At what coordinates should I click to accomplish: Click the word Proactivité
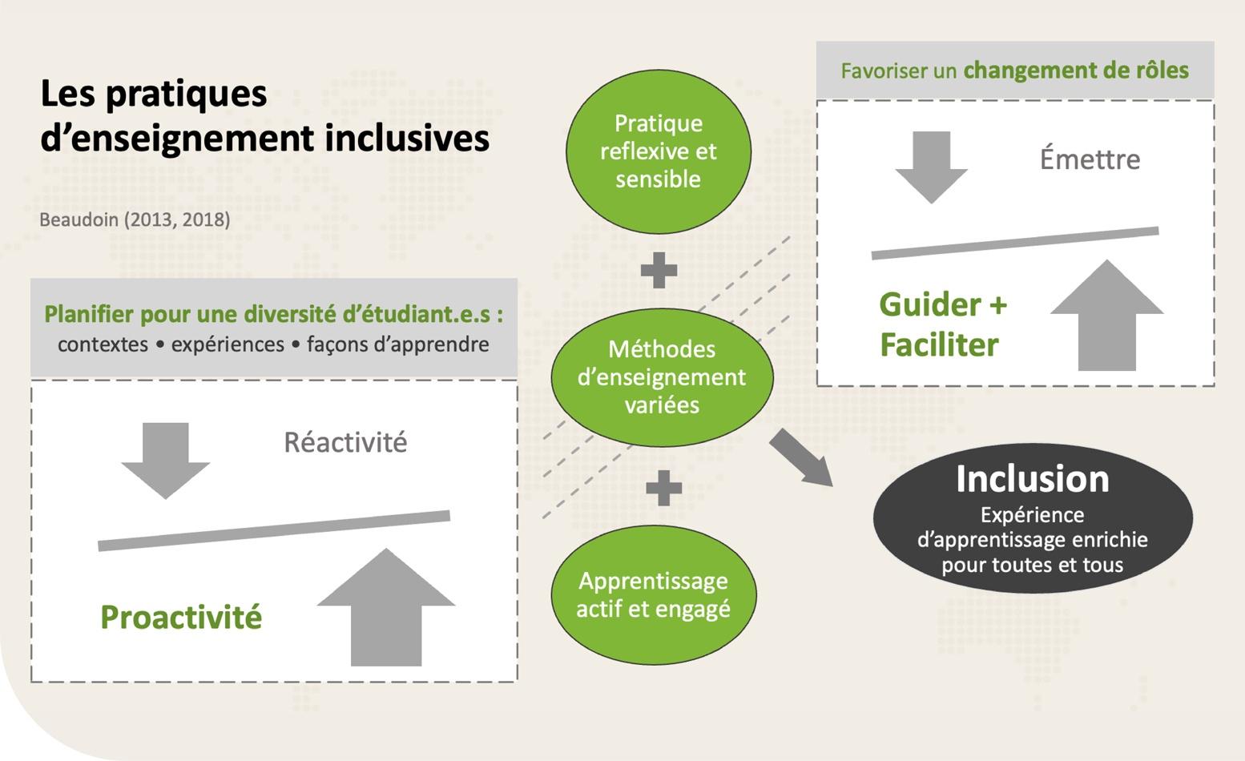181,618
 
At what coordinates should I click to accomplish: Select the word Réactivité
345,442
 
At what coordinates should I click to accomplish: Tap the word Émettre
1090,159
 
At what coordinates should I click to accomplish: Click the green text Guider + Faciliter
942,324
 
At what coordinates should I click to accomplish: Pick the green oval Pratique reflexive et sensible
658,151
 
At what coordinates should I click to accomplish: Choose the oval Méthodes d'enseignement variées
662,377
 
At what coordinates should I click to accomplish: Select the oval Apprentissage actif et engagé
653,594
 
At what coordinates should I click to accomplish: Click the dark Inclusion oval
1032,518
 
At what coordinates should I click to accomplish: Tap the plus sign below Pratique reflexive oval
659,270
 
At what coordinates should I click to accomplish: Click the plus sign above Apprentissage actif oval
663,488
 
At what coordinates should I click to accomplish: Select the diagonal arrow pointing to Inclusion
801,457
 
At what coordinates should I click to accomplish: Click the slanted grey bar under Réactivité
274,530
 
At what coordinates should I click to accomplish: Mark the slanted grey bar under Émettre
1014,243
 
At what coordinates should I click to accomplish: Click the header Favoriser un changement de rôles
1014,70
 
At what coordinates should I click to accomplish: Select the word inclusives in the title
407,138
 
